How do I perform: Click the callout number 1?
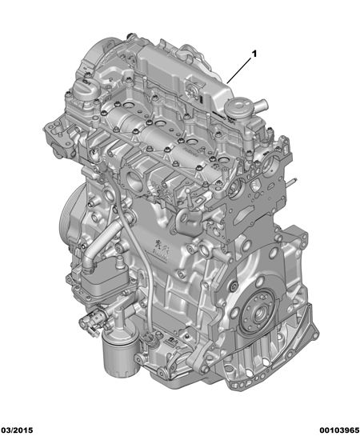(x=254, y=54)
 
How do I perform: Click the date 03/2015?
(x=17, y=430)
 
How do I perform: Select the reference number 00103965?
(x=339, y=430)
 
